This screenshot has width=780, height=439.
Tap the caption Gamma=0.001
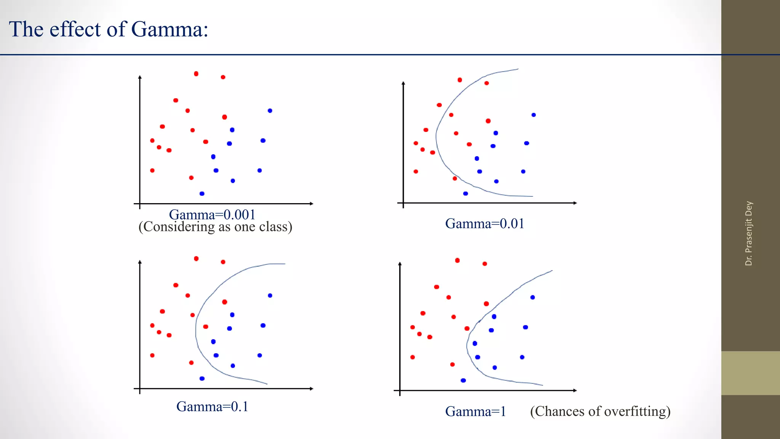tap(212, 215)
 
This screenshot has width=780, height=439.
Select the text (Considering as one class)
tap(215, 227)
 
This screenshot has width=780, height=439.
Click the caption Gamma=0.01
tap(484, 224)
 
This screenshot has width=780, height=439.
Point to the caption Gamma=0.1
tap(212, 407)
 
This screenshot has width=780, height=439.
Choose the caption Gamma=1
tap(475, 412)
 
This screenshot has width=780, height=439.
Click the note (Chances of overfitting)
tap(600, 411)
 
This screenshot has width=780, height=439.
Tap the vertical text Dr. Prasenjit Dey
tap(749, 233)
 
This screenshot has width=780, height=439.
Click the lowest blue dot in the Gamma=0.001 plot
tap(202, 194)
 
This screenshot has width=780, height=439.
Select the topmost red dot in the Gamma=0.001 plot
tap(196, 74)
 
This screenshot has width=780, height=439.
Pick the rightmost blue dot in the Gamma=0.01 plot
tap(534, 115)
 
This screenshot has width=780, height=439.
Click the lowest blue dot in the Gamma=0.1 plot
tap(202, 378)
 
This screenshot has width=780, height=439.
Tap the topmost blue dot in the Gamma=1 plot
tap(532, 297)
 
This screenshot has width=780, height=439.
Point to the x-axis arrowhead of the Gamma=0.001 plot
tap(311, 203)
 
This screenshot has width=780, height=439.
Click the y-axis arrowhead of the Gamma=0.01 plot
tap(403, 83)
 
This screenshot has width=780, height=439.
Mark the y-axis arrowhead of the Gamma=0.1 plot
tap(140, 262)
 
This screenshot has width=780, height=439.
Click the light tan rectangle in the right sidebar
tap(750, 373)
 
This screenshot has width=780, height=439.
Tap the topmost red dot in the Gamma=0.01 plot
tap(460, 80)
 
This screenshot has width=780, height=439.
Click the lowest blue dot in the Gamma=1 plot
tap(463, 380)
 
